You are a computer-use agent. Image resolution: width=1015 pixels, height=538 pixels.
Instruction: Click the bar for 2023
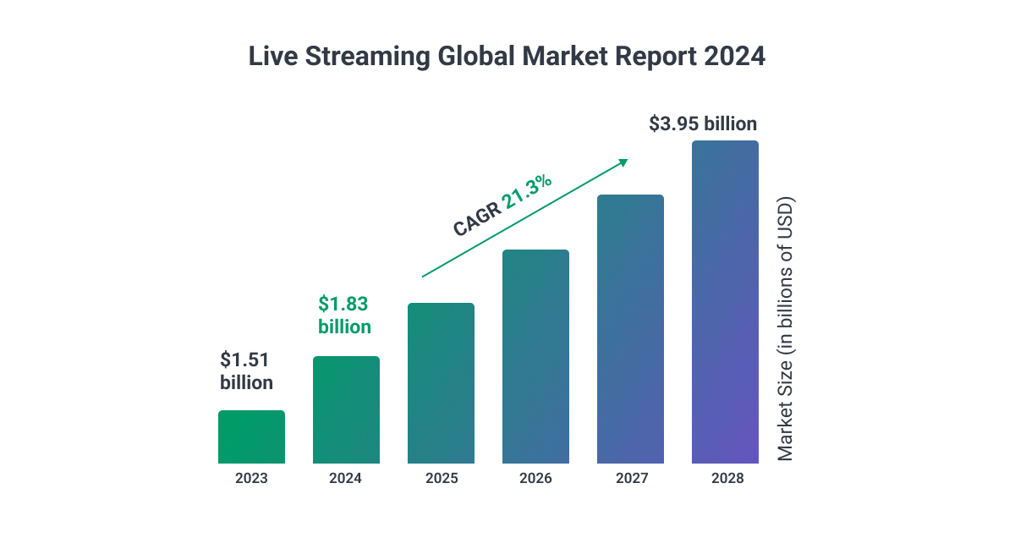(251, 437)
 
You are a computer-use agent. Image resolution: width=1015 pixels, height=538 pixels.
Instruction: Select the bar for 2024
(346, 410)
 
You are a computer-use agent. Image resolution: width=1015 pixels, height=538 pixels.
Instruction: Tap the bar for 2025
(441, 383)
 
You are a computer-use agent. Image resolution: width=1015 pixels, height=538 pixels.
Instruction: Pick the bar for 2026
(535, 357)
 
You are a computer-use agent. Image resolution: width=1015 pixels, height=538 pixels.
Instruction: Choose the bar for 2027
(630, 329)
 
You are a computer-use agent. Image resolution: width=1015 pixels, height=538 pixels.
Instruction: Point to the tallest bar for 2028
(725, 302)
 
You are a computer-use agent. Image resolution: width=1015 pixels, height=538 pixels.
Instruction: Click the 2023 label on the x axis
(251, 479)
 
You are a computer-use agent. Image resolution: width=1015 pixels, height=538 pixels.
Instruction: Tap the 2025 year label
(441, 479)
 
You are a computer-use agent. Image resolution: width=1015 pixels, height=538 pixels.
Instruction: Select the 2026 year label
(535, 479)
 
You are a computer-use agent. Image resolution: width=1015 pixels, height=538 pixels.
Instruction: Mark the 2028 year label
(725, 479)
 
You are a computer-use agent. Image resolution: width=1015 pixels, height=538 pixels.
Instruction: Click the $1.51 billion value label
(246, 371)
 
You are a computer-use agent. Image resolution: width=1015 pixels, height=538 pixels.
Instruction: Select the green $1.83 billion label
(344, 315)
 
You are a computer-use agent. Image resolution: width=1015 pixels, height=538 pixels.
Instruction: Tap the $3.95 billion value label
(703, 124)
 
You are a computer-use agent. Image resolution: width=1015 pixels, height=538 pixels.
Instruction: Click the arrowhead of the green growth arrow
(623, 162)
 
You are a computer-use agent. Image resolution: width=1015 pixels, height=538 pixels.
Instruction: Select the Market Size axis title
(786, 330)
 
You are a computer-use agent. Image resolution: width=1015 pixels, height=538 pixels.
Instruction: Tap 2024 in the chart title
(734, 57)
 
